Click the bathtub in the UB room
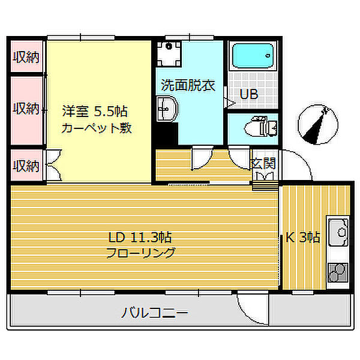coord(253,56)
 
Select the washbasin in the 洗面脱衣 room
coord(166,109)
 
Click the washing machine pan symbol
coord(169,54)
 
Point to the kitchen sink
coord(338,232)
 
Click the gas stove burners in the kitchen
coord(338,272)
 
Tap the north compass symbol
coord(318,124)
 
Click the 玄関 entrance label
coord(263,163)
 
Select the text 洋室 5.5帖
coord(95,112)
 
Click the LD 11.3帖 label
coord(140,238)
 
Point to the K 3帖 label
coord(302,238)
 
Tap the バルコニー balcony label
coord(155,313)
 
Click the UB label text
coord(249,94)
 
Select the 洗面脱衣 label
coord(188,85)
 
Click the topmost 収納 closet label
coord(26,57)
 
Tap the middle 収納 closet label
coord(26,109)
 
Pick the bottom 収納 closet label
coord(26,166)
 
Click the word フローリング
coord(141,253)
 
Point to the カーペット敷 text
coord(97,128)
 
